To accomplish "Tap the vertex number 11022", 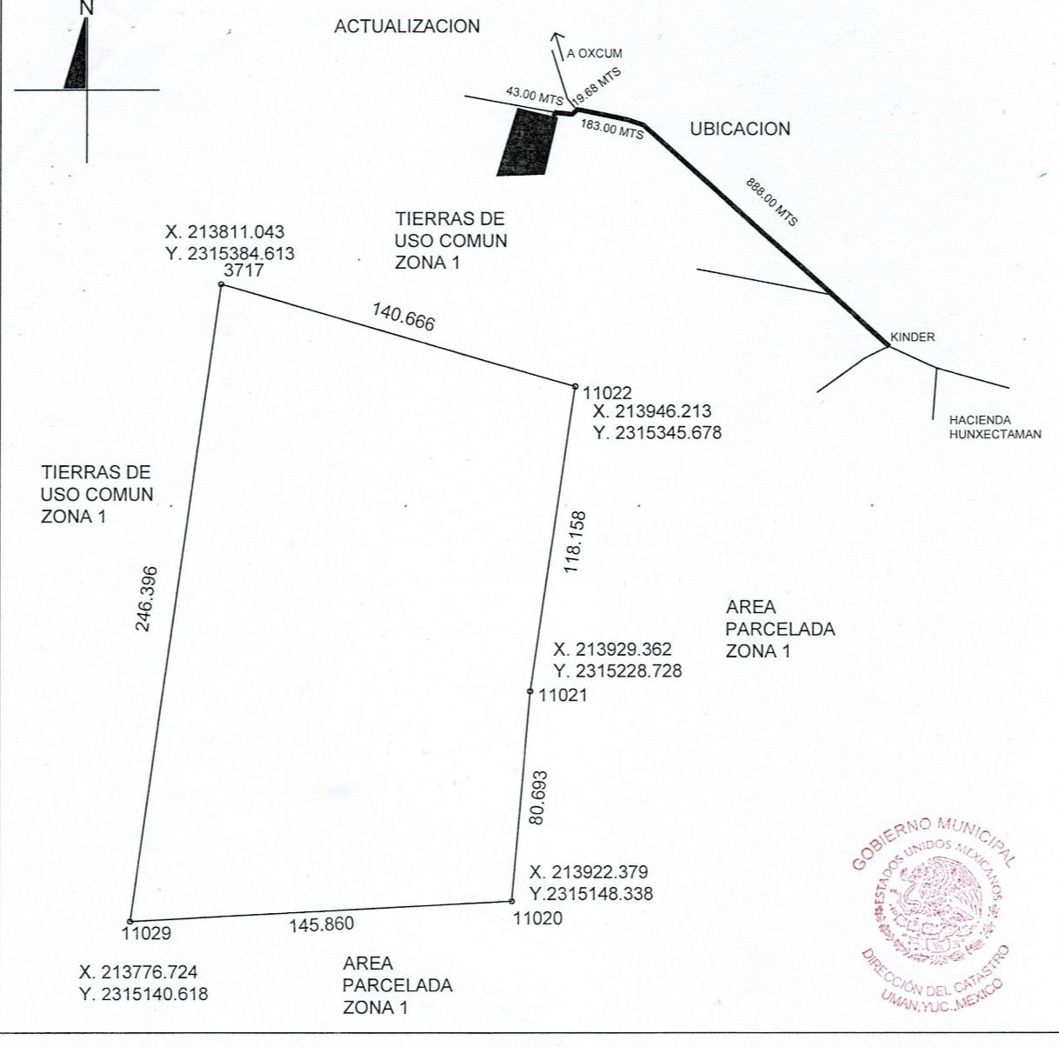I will (x=608, y=392).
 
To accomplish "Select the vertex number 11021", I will (x=563, y=695).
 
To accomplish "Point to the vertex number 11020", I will (x=537, y=917).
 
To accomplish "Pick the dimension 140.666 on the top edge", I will (x=403, y=316).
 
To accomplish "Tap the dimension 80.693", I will (x=537, y=797).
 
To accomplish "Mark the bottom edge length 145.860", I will (x=322, y=924).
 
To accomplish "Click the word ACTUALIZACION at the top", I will (x=407, y=26).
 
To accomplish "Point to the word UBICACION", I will (x=740, y=129).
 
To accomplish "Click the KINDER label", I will (x=912, y=337).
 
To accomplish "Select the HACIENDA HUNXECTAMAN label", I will (x=995, y=426).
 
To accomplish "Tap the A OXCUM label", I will (x=594, y=54).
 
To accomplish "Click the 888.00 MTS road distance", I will (x=771, y=202).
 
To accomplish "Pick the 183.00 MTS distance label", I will (x=612, y=130).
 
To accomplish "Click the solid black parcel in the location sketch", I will (x=527, y=143).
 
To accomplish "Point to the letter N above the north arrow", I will (x=86, y=8).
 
